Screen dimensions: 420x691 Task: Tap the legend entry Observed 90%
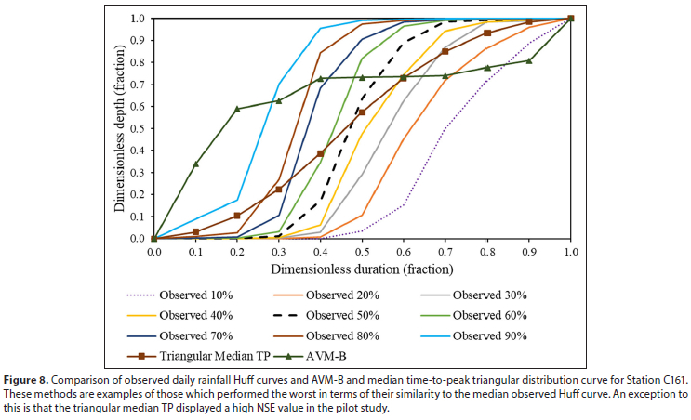[x=497, y=335]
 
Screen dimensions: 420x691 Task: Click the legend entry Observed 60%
[x=497, y=315]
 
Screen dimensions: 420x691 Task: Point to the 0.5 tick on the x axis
[x=362, y=251]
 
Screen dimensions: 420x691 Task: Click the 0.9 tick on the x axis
[x=529, y=251]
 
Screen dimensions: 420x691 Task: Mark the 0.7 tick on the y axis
[x=137, y=85]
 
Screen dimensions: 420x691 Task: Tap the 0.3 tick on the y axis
[x=137, y=173]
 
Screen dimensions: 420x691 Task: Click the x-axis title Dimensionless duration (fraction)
[x=362, y=269]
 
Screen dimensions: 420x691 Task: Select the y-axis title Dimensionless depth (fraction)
[x=120, y=128]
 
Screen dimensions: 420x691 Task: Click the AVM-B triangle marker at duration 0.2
[x=237, y=109]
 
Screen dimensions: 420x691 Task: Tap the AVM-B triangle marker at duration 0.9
[x=529, y=60]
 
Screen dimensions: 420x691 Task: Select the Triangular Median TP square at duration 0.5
[x=362, y=112]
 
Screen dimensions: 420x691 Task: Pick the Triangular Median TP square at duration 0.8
[x=487, y=33]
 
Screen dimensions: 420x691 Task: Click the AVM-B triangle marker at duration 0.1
[x=195, y=164]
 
